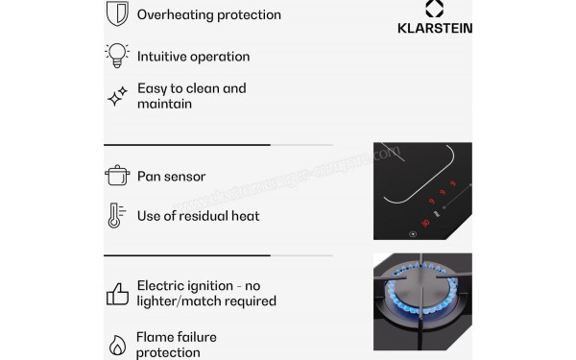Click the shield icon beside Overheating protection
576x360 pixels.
[117, 13]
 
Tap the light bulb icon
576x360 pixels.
[117, 55]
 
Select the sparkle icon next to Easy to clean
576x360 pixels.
[117, 95]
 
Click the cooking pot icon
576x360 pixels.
[117, 176]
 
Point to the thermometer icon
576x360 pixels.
[115, 215]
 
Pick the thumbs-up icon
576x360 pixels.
[117, 293]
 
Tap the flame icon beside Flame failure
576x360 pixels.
[117, 345]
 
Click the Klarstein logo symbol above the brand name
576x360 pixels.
[434, 9]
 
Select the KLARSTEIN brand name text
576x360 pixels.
[434, 28]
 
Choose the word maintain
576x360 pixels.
[165, 103]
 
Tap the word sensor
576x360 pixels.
[185, 176]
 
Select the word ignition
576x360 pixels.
[213, 285]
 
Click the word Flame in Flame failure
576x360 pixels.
[156, 337]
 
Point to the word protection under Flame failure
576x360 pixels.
[169, 352]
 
